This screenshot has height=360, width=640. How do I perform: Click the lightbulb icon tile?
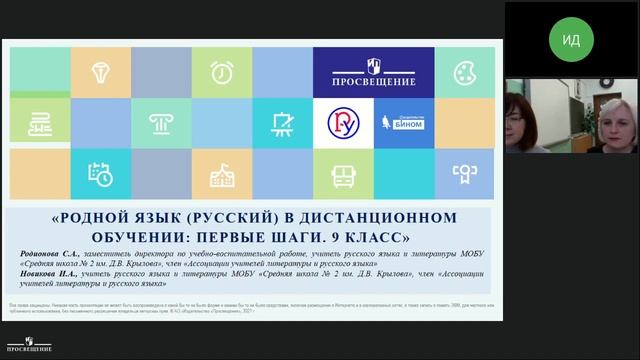[100, 71]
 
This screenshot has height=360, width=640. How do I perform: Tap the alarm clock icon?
[221, 72]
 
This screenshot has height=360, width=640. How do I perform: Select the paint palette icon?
[464, 72]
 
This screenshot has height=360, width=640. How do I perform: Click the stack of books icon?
[39, 123]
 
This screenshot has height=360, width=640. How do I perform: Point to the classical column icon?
[160, 123]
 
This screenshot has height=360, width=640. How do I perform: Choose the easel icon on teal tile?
[281, 123]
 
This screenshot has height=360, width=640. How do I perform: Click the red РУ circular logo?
[342, 123]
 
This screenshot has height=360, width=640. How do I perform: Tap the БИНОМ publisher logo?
[404, 123]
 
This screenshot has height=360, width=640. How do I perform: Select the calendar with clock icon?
[100, 174]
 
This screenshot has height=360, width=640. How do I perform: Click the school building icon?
[221, 174]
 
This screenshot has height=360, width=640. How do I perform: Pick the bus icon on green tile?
[342, 174]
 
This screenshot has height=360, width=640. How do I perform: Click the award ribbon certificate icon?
[464, 174]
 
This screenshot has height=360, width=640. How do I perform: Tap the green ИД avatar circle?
[571, 40]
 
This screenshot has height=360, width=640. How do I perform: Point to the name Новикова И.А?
[54, 274]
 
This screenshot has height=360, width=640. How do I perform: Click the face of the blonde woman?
[609, 126]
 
